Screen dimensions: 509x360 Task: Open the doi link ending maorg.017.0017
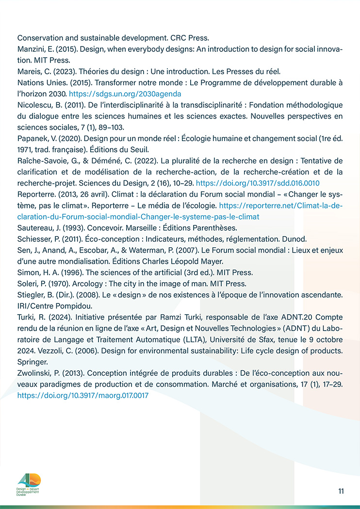(x=83, y=396)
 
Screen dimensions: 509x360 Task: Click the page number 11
(x=341, y=491)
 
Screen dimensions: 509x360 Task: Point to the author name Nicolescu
(x=33, y=105)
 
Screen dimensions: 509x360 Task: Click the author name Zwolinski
(x=34, y=374)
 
